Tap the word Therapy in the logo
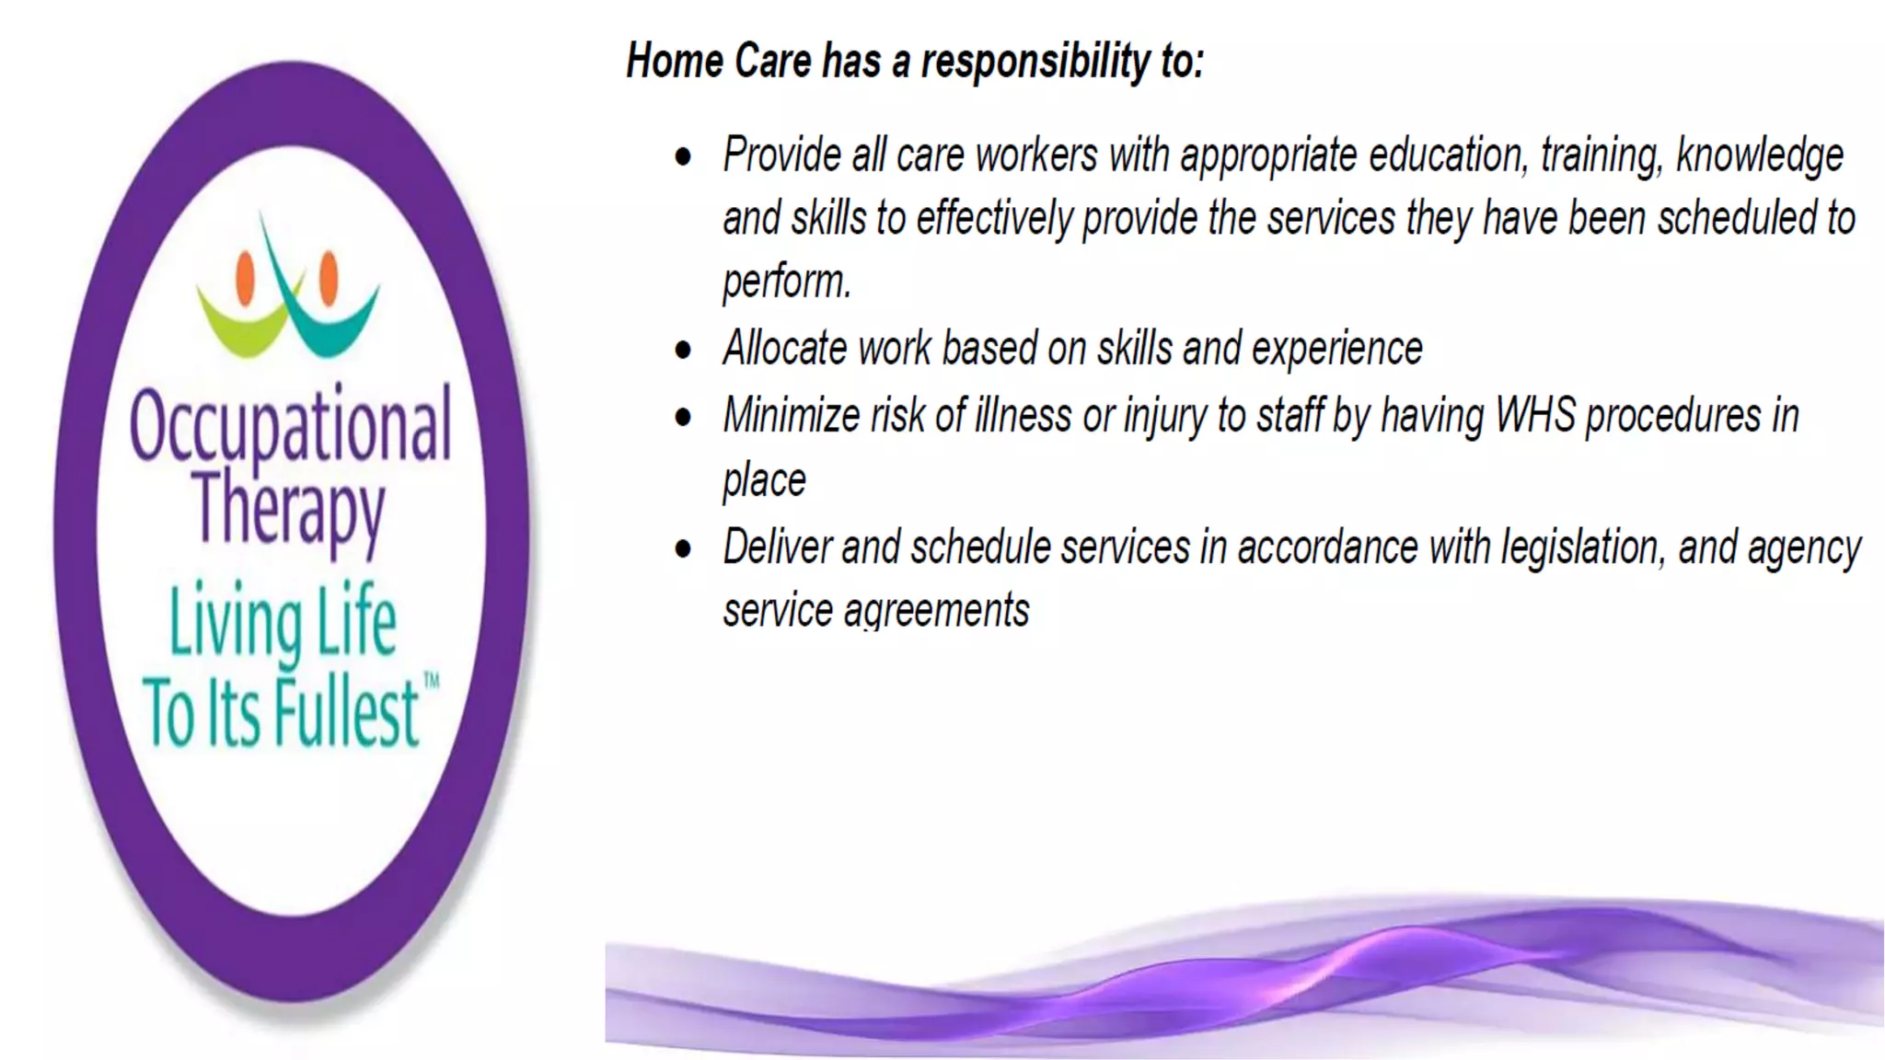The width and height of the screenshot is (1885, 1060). pyautogui.click(x=288, y=509)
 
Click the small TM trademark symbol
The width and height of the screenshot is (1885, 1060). pyautogui.click(x=431, y=682)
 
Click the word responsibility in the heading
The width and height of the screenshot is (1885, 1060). pyautogui.click(x=1035, y=62)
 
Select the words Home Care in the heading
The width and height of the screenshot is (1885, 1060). pyautogui.click(x=721, y=62)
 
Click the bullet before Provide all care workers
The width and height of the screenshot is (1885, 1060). pyautogui.click(x=683, y=156)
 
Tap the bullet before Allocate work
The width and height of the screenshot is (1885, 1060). pyautogui.click(x=683, y=351)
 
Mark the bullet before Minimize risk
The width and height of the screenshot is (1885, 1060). pyautogui.click(x=683, y=418)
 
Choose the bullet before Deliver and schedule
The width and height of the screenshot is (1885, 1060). pyautogui.click(x=683, y=549)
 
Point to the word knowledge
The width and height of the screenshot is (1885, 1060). pyautogui.click(x=1759, y=155)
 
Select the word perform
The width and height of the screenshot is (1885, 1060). pyautogui.click(x=786, y=281)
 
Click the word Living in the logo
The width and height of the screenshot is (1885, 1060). pyautogui.click(x=236, y=624)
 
